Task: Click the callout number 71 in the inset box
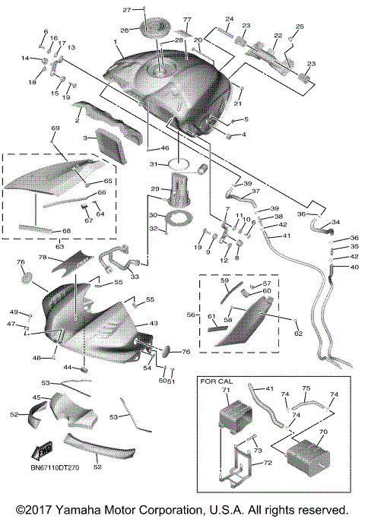click(x=225, y=390)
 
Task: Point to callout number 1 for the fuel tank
click(x=115, y=42)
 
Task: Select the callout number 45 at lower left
click(x=35, y=397)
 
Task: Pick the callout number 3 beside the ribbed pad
click(x=86, y=139)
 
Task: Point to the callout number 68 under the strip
click(x=66, y=231)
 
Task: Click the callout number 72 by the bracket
click(x=266, y=461)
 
